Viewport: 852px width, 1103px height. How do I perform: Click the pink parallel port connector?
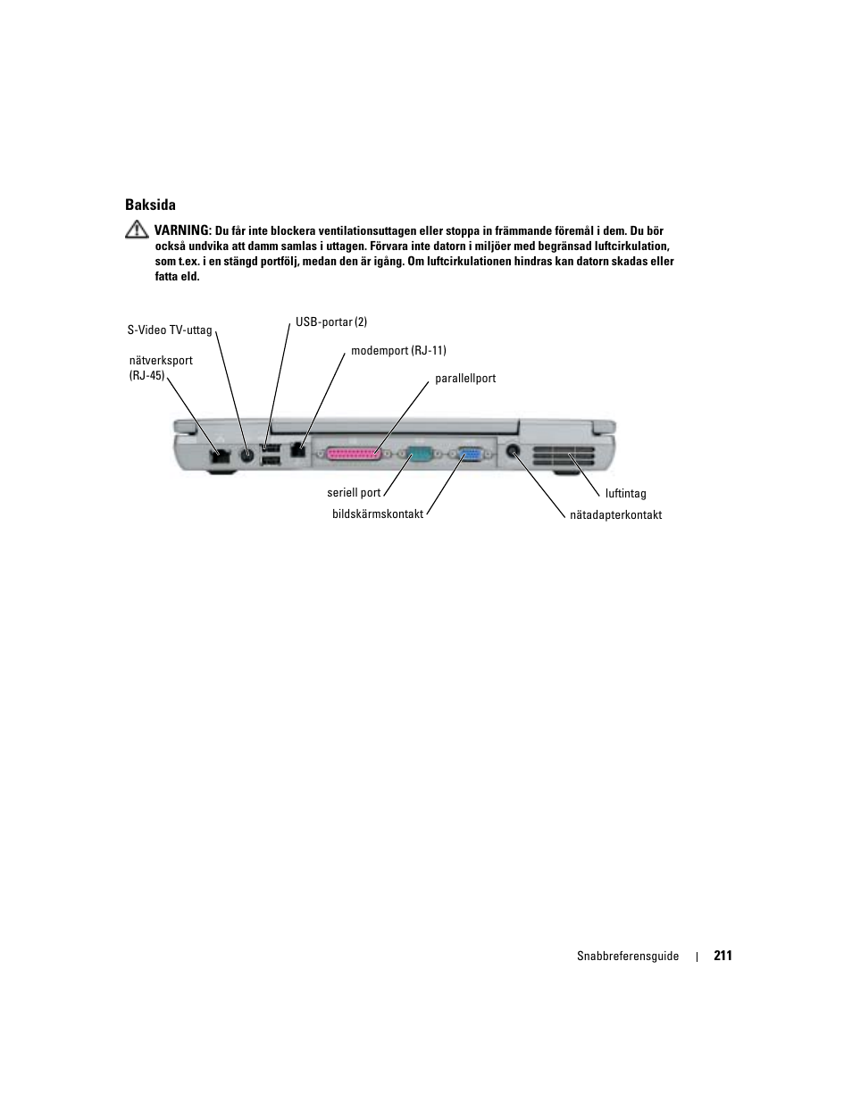point(355,454)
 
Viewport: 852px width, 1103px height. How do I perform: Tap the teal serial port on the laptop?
point(421,455)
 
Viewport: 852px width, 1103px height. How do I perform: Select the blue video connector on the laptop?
point(472,455)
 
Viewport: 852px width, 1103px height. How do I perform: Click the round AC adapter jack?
point(514,451)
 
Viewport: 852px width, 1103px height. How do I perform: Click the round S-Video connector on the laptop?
point(247,454)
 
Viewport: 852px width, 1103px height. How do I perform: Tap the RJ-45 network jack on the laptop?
point(218,455)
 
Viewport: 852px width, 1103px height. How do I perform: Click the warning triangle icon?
point(137,230)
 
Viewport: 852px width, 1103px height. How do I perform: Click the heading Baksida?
point(150,205)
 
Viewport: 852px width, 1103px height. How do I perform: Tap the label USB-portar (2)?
point(331,322)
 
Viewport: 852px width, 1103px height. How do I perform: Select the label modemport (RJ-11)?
point(398,351)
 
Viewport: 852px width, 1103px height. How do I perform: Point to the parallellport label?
point(465,379)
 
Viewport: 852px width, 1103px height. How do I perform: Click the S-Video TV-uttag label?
point(170,330)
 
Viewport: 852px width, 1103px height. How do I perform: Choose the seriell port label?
point(354,492)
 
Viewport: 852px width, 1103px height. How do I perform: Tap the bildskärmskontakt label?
point(378,514)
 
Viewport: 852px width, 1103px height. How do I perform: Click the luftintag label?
point(625,494)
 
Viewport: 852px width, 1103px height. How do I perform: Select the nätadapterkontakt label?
point(615,515)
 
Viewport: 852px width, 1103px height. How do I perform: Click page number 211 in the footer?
point(723,956)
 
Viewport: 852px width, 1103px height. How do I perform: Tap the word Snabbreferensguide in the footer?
point(628,957)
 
